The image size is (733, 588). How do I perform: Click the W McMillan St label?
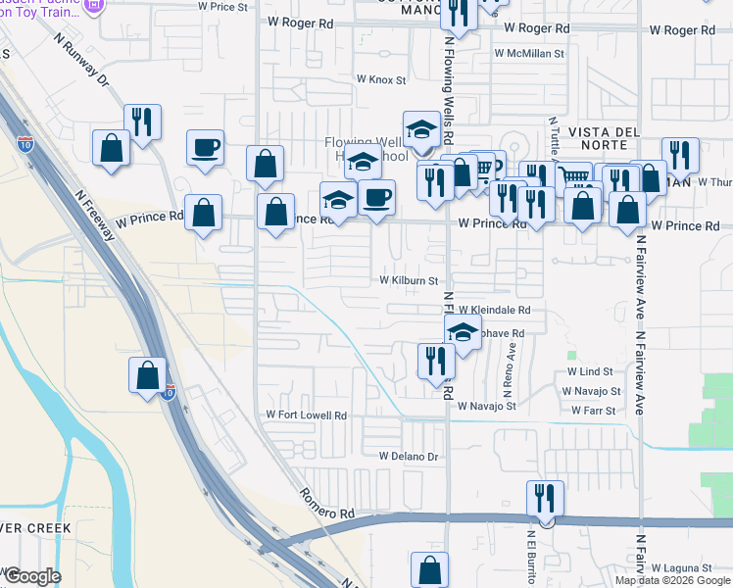point(529,53)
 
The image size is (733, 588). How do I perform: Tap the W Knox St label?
point(380,79)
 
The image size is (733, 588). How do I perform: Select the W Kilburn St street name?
point(409,280)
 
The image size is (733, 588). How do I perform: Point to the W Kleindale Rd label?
point(494,310)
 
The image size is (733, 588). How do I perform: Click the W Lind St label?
point(589,372)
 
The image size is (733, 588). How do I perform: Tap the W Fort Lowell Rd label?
point(307,416)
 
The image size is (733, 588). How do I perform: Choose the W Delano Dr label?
point(407,457)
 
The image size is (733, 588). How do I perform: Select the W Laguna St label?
point(678,568)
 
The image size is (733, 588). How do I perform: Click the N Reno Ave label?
point(509,365)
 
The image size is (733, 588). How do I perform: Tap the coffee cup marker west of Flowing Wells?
point(205,148)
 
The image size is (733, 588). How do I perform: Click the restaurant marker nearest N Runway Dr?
point(142,122)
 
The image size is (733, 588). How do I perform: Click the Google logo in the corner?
point(33,576)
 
